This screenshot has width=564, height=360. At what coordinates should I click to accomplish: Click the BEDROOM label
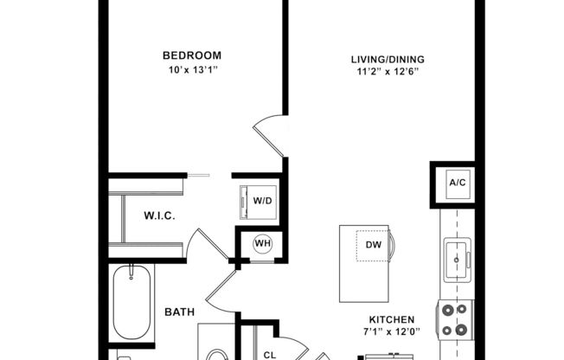[192, 56]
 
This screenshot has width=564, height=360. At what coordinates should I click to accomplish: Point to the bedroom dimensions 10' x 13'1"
[192, 70]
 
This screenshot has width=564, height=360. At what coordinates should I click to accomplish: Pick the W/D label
[262, 202]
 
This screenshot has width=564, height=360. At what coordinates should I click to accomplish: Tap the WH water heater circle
[262, 243]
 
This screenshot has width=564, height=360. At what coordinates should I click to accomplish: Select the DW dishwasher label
[373, 245]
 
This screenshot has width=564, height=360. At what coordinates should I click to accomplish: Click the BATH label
[180, 312]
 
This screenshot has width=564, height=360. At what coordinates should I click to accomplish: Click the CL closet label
[269, 353]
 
